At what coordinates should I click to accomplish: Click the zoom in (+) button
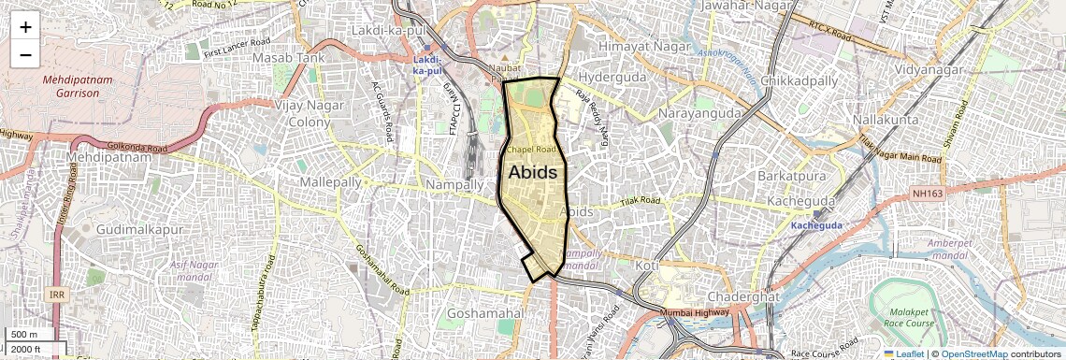point(25,26)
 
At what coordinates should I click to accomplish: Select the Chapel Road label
point(531,149)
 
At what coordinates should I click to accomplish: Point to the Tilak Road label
point(641,201)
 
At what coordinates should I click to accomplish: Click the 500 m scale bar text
point(24,335)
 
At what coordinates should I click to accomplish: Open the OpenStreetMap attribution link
point(973,354)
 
